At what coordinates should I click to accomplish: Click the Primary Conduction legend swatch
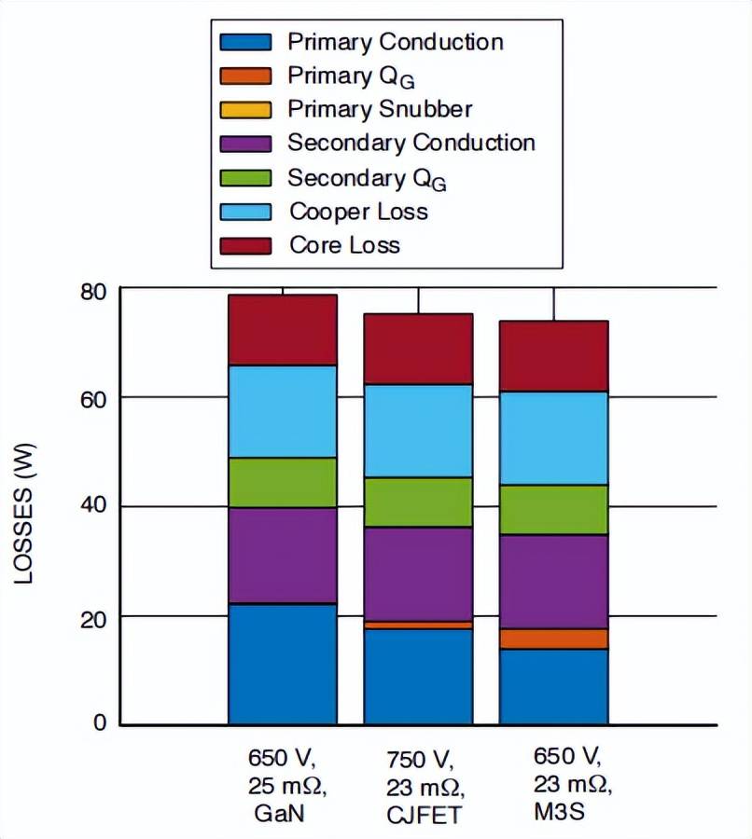[244, 42]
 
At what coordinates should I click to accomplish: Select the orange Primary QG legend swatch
[244, 76]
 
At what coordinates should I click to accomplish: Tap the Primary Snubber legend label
[380, 109]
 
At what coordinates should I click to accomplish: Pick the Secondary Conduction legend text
[411, 143]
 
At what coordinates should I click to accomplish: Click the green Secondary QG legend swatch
[244, 177]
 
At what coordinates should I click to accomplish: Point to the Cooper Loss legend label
[358, 211]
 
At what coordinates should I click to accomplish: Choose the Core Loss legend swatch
[244, 245]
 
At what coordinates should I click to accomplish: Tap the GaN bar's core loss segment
[283, 330]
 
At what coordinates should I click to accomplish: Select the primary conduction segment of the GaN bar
[283, 664]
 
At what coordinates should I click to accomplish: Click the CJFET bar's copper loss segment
[418, 431]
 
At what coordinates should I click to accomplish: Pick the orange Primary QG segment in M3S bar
[554, 639]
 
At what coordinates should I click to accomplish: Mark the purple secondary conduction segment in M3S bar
[554, 581]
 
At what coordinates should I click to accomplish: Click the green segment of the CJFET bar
[418, 502]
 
